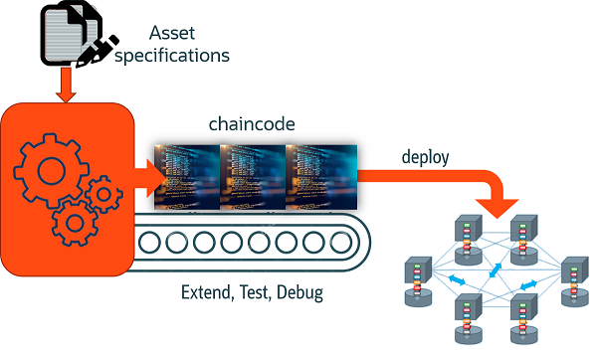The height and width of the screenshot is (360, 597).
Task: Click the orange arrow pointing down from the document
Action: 67,88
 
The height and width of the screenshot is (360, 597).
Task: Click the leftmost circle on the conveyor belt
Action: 149,241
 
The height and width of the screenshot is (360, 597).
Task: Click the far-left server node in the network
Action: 416,278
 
